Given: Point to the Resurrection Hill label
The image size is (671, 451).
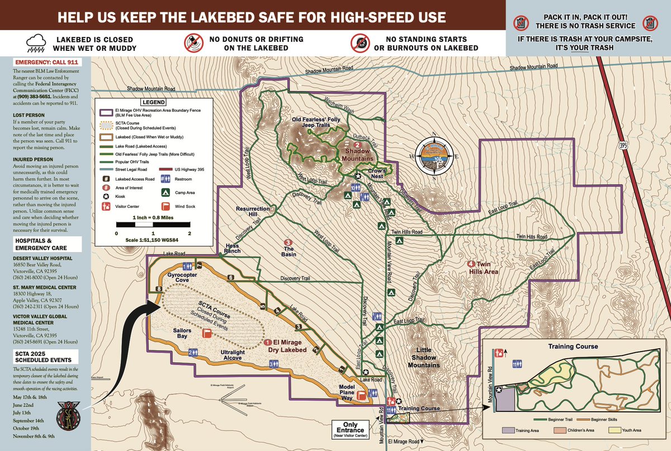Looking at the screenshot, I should (x=253, y=212).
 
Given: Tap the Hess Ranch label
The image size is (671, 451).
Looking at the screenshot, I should (x=232, y=248).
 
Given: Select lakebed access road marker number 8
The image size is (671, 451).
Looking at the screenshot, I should (x=159, y=289).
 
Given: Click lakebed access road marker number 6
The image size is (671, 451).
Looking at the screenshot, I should (x=230, y=277).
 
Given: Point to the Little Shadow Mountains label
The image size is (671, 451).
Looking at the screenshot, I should (x=423, y=357).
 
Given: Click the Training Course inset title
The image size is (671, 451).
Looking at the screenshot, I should (x=573, y=346).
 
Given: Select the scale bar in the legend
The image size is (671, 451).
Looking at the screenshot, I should (x=153, y=225).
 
